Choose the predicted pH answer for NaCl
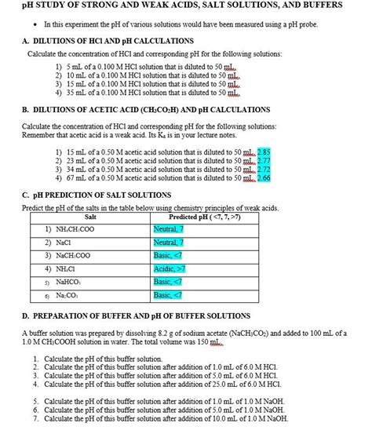click(x=170, y=243)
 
